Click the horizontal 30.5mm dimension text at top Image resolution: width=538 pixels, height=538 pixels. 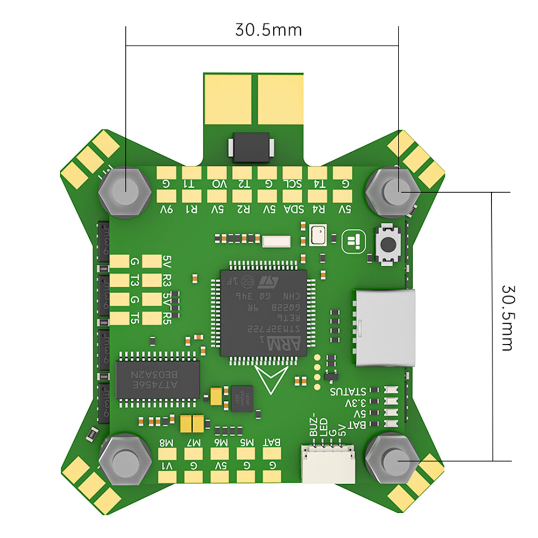tap(268, 29)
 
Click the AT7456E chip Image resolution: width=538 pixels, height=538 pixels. tap(157, 379)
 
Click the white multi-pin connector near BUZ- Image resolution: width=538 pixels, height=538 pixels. tap(328, 464)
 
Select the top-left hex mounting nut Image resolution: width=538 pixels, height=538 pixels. tap(125, 190)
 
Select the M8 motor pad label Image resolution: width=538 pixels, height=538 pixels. tap(166, 443)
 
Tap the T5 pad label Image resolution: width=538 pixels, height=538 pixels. tap(136, 317)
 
